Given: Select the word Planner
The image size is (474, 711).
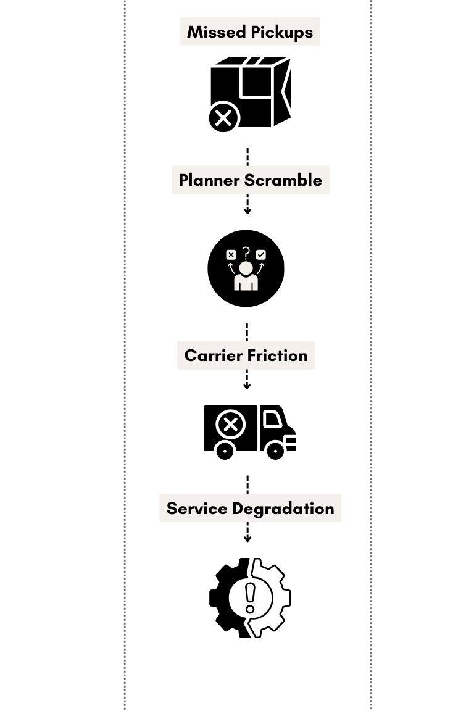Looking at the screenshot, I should [209, 180].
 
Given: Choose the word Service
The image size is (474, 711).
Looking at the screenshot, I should [196, 509].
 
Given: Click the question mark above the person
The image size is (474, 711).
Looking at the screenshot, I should [246, 253].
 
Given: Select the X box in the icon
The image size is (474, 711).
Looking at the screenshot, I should [231, 254].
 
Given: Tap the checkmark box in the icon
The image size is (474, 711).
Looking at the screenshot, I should [261, 254].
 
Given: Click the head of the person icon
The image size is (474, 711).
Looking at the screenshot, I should [246, 268].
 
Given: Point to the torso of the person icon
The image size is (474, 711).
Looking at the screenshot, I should [246, 283].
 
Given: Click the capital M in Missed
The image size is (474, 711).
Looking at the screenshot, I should [194, 32].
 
